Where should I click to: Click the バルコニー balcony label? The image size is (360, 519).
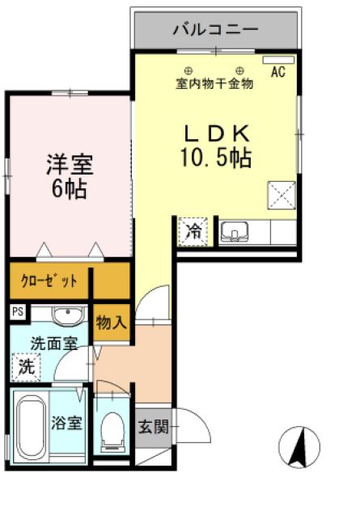215,29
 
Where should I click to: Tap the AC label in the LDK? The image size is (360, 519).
278,73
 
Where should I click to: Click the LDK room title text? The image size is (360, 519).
216,133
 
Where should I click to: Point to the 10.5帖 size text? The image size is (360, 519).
216,157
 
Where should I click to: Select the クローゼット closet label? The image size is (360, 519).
50,281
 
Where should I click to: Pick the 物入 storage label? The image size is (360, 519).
111,323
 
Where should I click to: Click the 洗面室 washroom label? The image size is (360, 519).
54,343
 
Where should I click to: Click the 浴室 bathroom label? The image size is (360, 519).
66,423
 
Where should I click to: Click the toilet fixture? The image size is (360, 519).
112,429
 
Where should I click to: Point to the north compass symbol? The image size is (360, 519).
299,446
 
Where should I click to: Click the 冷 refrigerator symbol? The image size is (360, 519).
194,231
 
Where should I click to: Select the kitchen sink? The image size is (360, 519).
235,233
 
